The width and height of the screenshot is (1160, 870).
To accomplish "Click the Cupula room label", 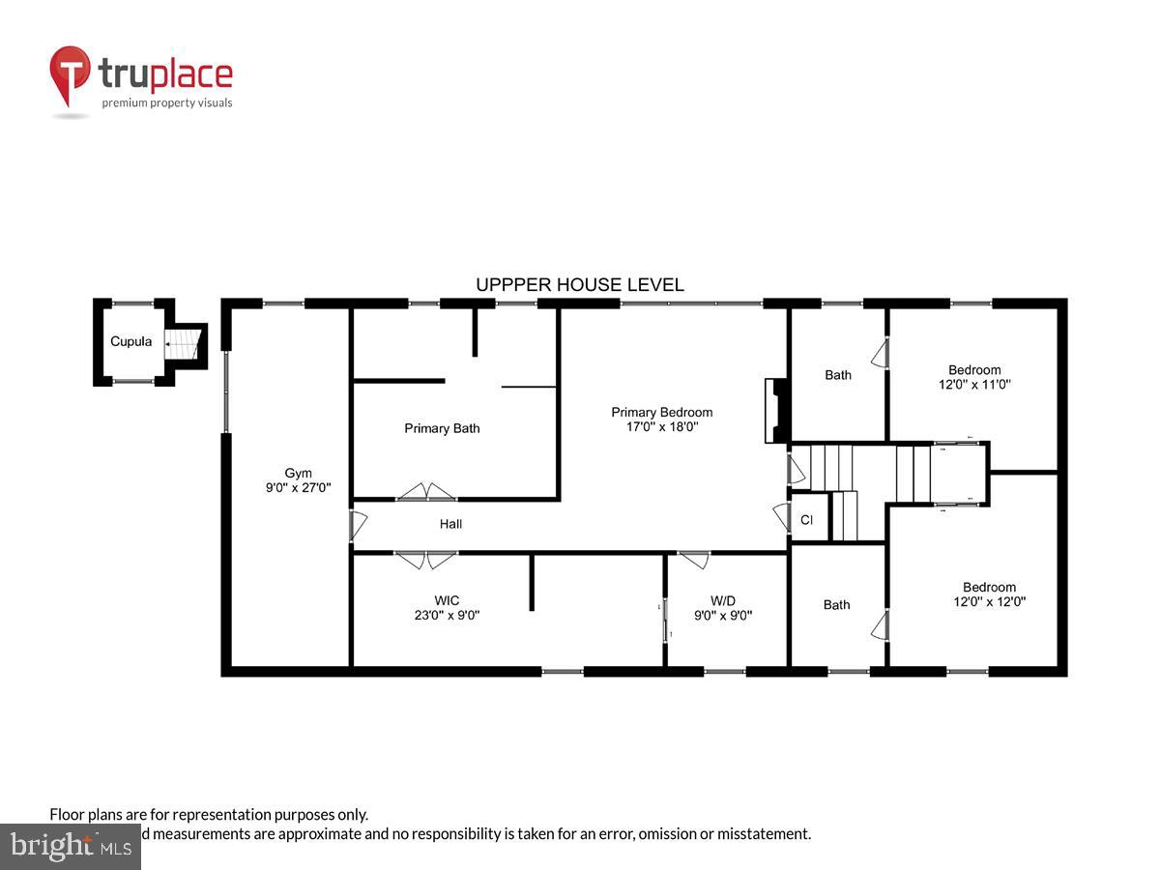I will [x=130, y=341].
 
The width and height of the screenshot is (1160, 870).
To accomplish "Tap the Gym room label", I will [x=298, y=473].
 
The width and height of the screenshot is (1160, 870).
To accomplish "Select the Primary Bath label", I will [x=442, y=428].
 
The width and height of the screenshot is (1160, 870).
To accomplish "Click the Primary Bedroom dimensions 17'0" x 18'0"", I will [x=662, y=426].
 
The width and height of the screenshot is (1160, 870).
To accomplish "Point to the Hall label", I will [x=450, y=524].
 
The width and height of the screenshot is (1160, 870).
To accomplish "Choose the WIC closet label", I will [x=446, y=600].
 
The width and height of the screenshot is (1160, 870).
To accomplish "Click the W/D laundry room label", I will [x=723, y=600].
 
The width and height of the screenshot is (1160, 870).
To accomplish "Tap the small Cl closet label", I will [x=806, y=520].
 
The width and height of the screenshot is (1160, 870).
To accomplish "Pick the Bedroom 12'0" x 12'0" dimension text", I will [x=989, y=601].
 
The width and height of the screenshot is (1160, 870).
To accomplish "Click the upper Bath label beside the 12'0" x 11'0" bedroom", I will [x=838, y=375].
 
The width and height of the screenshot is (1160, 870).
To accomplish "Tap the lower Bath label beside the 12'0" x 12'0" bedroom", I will [x=837, y=605].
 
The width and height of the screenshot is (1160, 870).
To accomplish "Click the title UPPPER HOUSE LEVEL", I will [x=580, y=285].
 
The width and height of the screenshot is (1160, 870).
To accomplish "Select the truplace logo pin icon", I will [x=70, y=75].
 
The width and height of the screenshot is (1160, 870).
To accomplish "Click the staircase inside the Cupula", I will [x=184, y=341].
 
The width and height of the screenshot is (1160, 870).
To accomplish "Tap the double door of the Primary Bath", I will [x=427, y=493].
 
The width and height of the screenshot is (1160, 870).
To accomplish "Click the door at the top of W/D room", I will [x=693, y=558].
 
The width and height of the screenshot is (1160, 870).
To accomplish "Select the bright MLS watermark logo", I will [x=70, y=846].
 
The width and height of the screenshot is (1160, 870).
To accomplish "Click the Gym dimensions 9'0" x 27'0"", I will [x=298, y=488].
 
